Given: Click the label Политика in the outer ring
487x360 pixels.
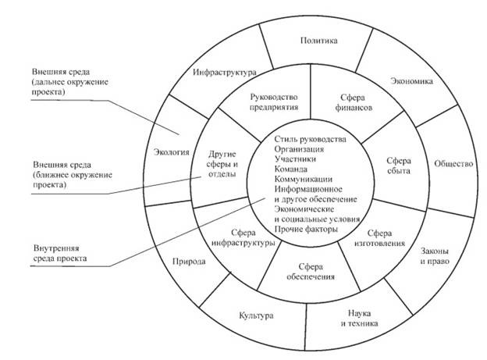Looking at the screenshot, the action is [x=318, y=41].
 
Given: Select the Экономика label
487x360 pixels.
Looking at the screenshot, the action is [x=411, y=81].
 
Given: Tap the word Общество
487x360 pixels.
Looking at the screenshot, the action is [x=453, y=163].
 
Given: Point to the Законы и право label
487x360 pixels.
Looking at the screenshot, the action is [x=435, y=256].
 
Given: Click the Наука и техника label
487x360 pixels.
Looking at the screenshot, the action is [x=359, y=318].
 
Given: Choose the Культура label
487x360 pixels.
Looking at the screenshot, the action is [x=256, y=315].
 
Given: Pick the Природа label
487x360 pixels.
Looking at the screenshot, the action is [x=189, y=262].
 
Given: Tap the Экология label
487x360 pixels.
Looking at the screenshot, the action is [x=172, y=152].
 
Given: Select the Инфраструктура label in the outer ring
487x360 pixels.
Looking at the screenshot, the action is [x=225, y=73].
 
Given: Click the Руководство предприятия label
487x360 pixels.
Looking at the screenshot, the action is [x=274, y=102].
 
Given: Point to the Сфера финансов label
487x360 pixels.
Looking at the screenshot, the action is [x=353, y=102].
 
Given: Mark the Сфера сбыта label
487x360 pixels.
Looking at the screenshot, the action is [x=399, y=166].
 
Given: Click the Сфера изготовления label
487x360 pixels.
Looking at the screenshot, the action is [x=379, y=238].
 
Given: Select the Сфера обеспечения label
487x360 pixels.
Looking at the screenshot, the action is [x=311, y=272].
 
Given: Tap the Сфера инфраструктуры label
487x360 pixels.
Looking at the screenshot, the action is [x=243, y=237].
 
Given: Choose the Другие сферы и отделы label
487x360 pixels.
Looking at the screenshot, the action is [x=222, y=164].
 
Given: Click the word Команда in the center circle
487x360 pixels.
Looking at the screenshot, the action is [x=290, y=169].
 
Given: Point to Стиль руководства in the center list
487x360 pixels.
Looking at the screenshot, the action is [x=310, y=139].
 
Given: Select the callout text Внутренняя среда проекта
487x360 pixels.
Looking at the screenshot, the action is [x=60, y=253].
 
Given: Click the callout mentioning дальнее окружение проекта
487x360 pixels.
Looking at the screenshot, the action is [x=70, y=82].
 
